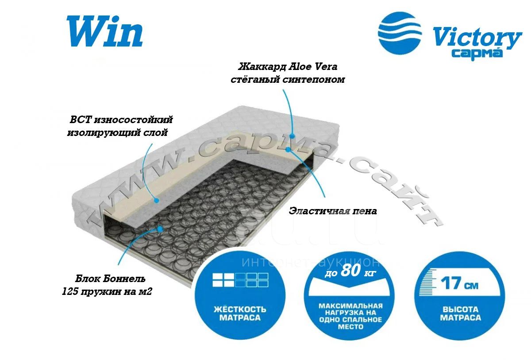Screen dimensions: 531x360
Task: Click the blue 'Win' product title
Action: tap(104, 31)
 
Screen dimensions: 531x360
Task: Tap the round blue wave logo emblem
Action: tap(400, 33)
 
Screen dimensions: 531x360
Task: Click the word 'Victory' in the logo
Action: tap(477, 38)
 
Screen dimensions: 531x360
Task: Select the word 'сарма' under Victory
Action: tap(477, 54)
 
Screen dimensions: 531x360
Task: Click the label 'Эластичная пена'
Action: tap(333, 211)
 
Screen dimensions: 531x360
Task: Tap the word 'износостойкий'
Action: tap(134, 120)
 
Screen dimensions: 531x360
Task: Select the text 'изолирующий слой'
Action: tap(118, 132)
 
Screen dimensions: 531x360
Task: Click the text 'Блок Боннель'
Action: tap(110, 279)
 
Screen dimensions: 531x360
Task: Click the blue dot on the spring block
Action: tap(160, 229)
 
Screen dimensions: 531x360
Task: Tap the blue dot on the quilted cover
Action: tap(292, 136)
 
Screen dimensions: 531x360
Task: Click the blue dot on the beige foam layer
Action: tap(288, 150)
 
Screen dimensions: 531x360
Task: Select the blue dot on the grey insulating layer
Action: tap(156, 201)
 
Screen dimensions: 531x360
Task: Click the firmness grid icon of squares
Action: tap(240, 280)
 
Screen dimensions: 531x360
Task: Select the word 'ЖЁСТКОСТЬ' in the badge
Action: tap(240, 309)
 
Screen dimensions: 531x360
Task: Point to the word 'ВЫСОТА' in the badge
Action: tap(461, 309)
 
